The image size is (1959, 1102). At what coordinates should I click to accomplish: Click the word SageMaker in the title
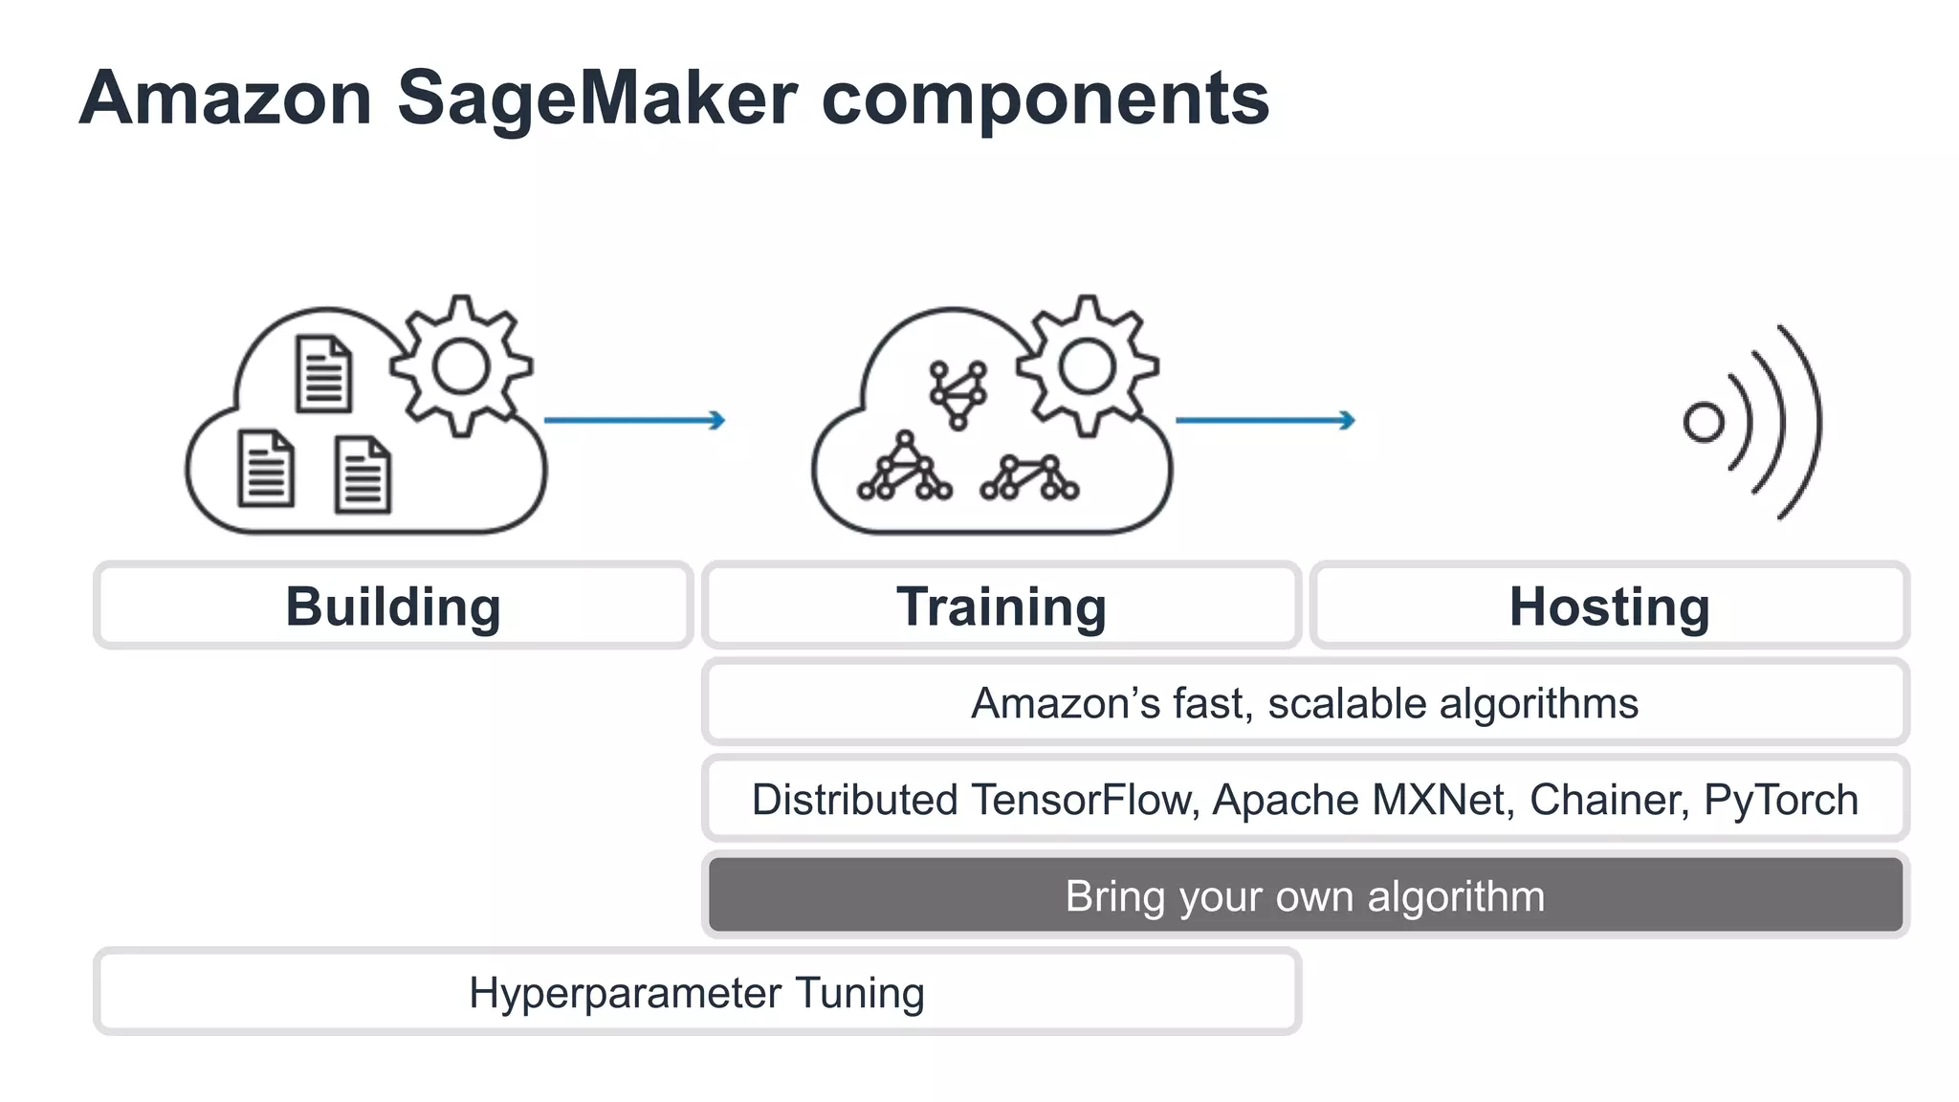(x=597, y=99)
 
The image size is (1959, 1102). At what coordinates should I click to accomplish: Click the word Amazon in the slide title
(x=226, y=99)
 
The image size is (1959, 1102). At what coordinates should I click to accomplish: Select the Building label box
(x=393, y=606)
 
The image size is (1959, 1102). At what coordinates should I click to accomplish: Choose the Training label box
(x=1001, y=606)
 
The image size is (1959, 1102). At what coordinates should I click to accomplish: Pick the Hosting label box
(x=1609, y=606)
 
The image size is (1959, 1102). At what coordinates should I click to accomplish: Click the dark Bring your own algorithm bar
(x=1305, y=895)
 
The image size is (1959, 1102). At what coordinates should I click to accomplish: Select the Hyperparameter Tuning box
(x=696, y=992)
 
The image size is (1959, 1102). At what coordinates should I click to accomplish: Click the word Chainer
(x=1607, y=800)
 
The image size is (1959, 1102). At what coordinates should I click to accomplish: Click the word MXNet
(x=1442, y=800)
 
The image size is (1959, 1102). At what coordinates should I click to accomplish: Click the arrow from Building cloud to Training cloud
(x=634, y=420)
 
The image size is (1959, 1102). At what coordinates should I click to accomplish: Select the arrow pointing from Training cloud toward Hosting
(x=1265, y=420)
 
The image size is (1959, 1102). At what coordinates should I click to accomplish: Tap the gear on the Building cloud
(x=461, y=366)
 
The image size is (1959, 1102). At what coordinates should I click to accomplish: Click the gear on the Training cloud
(x=1088, y=366)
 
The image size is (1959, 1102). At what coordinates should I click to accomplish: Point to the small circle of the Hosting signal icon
(x=1703, y=422)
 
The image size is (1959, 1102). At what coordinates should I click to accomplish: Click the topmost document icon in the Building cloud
(x=323, y=374)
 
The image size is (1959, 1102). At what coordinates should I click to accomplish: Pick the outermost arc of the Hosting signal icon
(x=1811, y=421)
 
